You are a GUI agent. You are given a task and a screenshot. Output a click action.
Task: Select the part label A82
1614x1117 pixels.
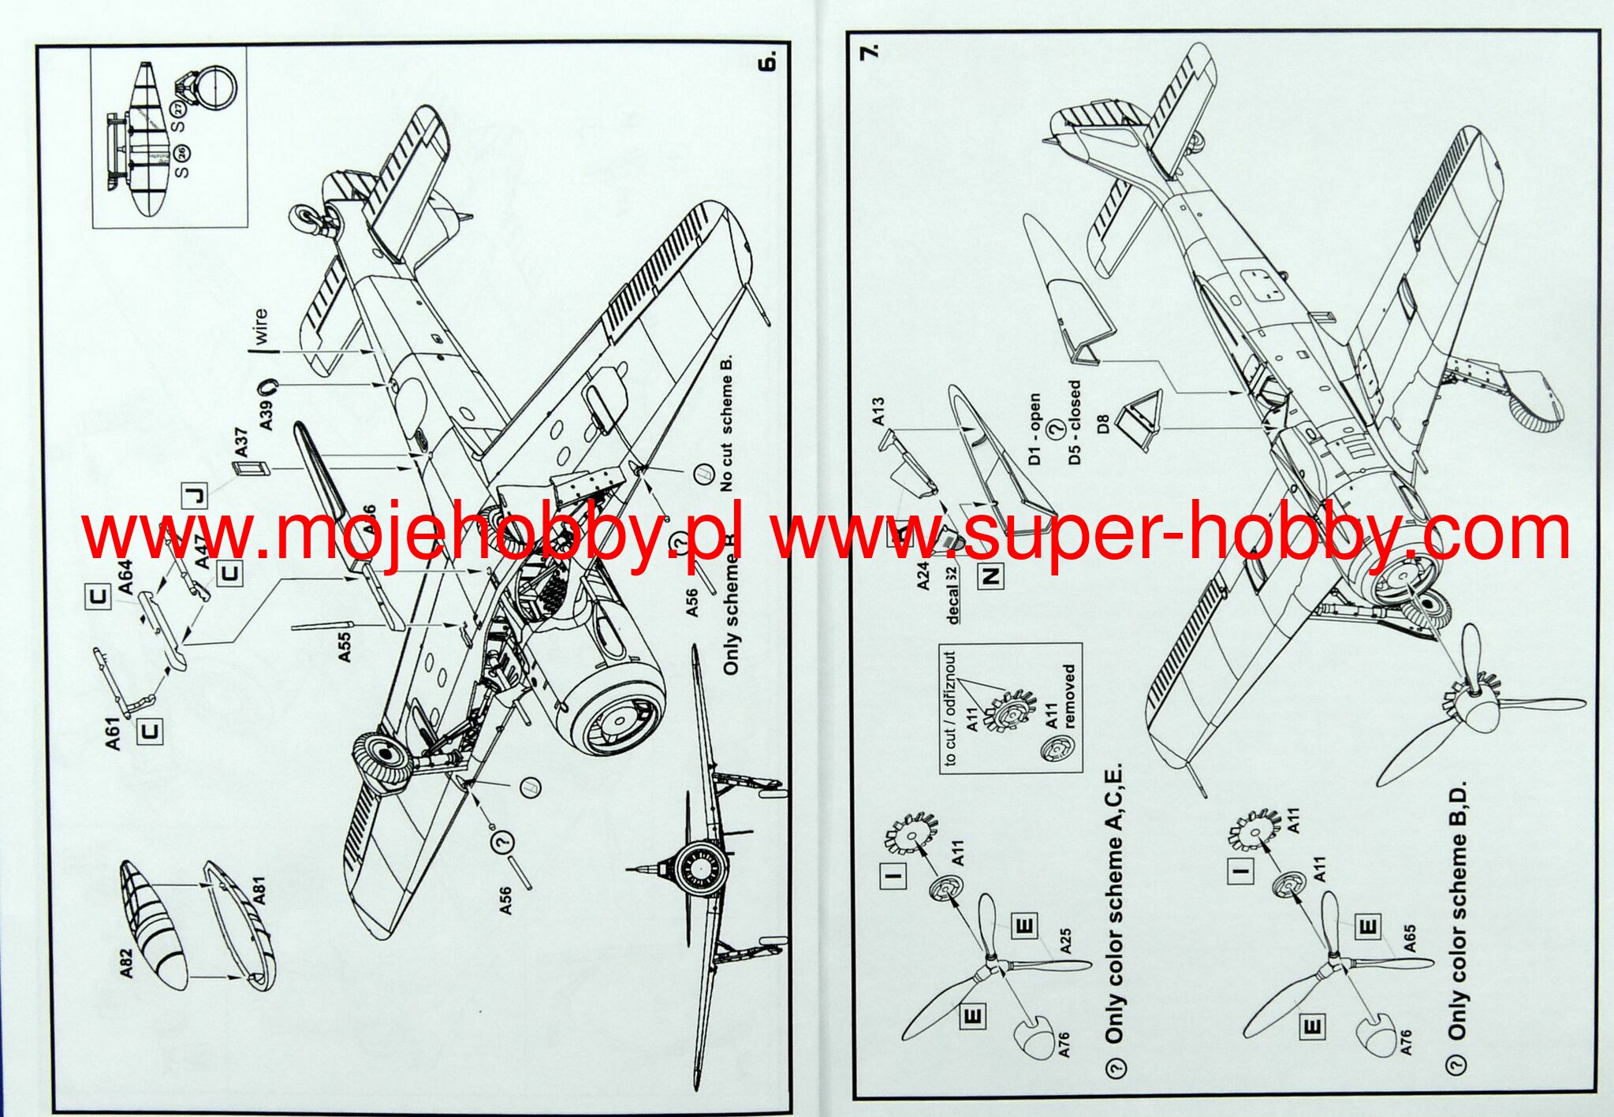(x=127, y=963)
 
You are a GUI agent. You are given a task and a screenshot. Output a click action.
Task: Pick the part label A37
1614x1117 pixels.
(x=241, y=441)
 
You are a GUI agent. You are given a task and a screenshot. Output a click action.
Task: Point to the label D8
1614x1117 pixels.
(x=1103, y=425)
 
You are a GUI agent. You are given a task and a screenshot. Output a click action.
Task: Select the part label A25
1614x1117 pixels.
(x=1065, y=941)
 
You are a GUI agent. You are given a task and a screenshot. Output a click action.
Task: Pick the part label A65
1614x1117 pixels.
(x=1409, y=938)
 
